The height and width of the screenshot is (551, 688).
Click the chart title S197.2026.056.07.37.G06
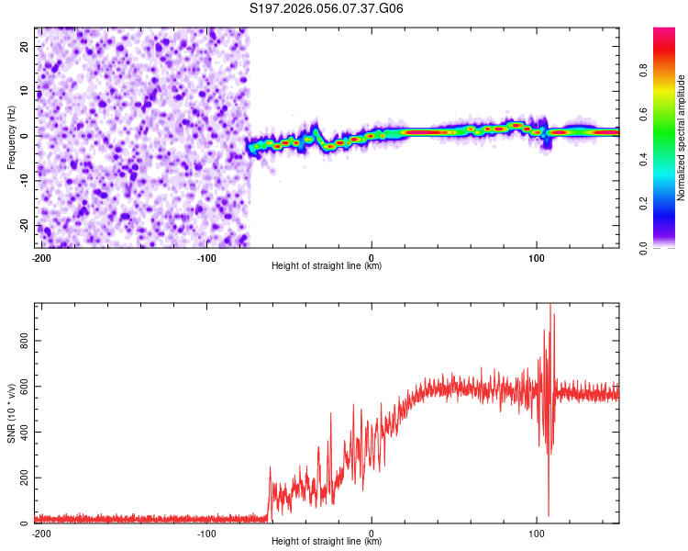[x=327, y=9]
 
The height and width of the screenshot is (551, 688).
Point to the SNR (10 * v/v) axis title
[x=12, y=413]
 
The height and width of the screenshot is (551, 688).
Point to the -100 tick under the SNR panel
[x=205, y=534]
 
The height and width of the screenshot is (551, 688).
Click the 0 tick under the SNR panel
[x=372, y=534]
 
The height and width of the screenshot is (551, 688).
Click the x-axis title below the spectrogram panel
[x=327, y=266]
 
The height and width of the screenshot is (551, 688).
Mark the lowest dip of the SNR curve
[x=549, y=516]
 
